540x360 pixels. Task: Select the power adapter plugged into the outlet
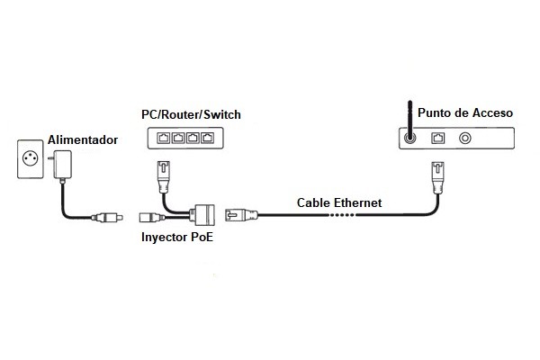tap(62, 165)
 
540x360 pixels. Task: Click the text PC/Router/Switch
tap(192, 114)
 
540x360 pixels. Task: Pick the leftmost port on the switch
tap(163, 138)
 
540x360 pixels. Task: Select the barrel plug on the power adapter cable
tap(109, 217)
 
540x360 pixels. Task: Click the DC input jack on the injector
tap(149, 217)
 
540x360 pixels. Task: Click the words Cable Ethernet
tap(339, 202)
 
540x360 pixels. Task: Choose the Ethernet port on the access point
tap(439, 139)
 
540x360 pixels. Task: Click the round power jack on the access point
tap(466, 139)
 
